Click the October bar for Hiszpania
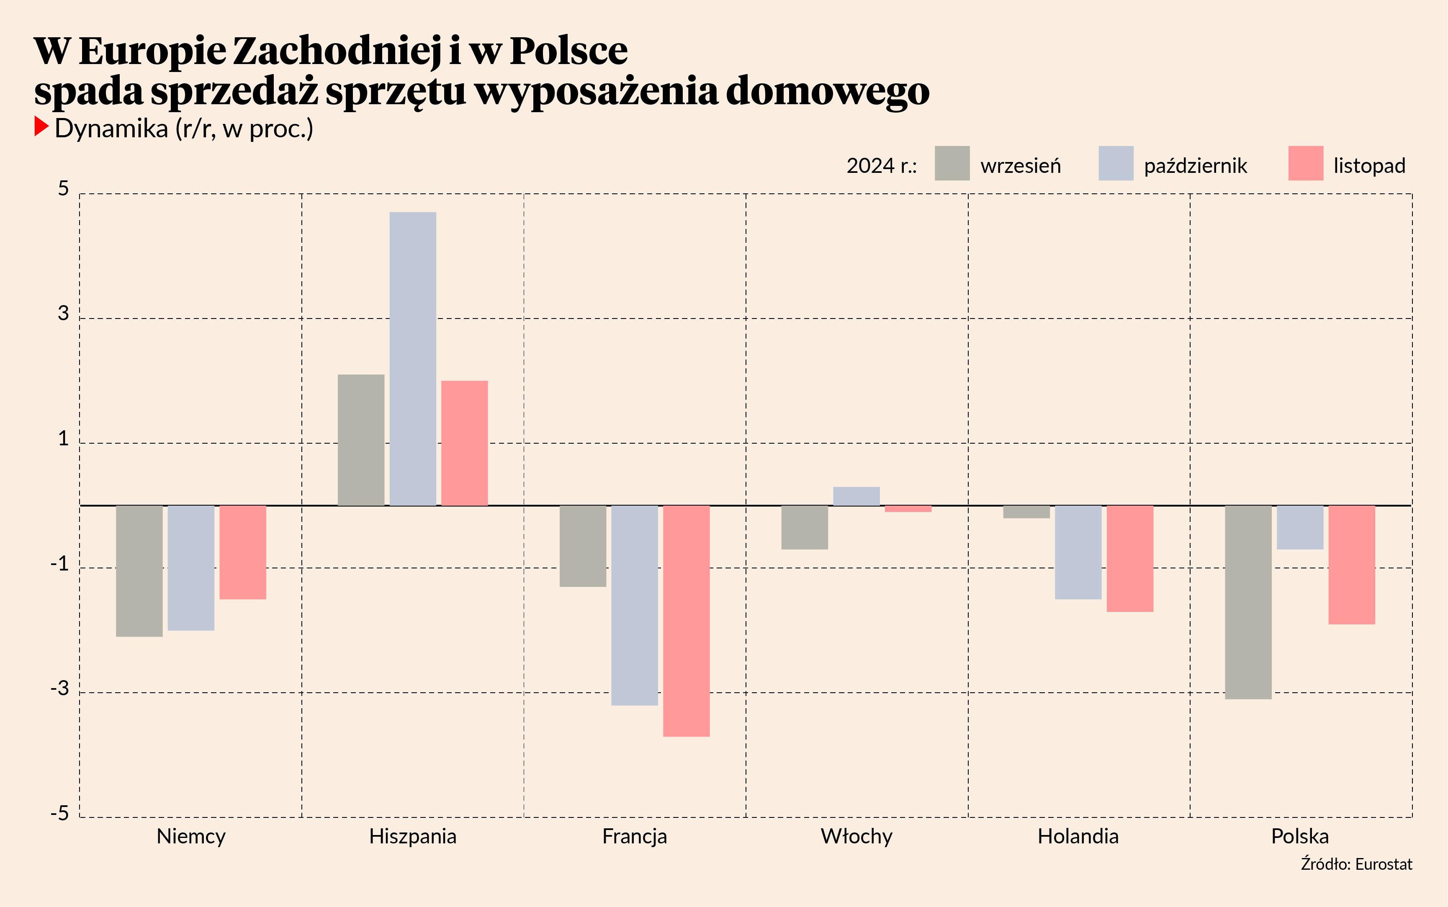coord(413,359)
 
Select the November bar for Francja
coord(686,621)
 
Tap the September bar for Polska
coord(1247,602)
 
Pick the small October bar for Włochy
coord(856,496)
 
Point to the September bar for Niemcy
coord(139,571)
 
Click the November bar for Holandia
coord(1129,558)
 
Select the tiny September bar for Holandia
coord(1026,512)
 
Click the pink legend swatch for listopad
coord(1305,163)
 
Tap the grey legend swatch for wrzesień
coord(952,163)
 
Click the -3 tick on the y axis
coord(60,688)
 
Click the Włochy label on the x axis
coord(856,836)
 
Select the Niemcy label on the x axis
coord(191,836)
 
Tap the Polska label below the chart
coord(1300,836)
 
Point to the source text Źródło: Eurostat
coord(1356,864)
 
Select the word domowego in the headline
coord(827,91)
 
